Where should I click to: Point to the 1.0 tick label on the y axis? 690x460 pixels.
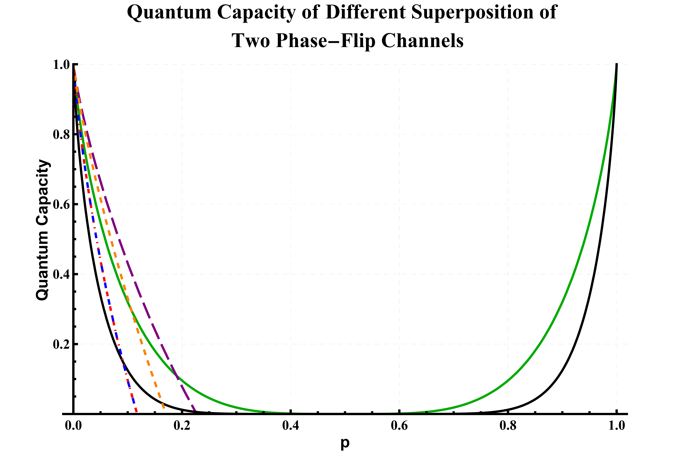(x=61, y=65)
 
